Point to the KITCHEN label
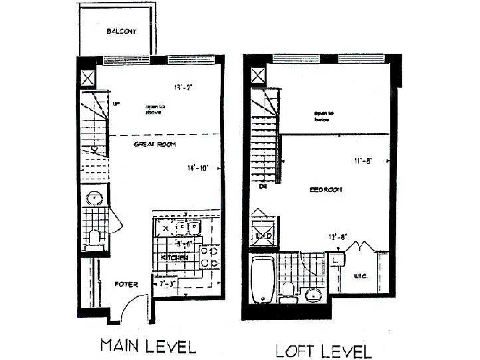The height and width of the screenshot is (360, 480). pos(174,257)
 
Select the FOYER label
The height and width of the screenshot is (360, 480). pos(126,284)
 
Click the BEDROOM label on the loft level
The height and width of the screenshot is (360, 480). pos(326,190)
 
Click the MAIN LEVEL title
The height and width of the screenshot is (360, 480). pos(148,345)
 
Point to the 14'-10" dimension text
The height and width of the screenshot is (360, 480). pos(198,168)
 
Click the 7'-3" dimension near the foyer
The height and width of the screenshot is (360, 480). pos(168,284)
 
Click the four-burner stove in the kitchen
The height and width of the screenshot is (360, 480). pos(209,257)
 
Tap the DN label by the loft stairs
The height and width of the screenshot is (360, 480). pos(263,187)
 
